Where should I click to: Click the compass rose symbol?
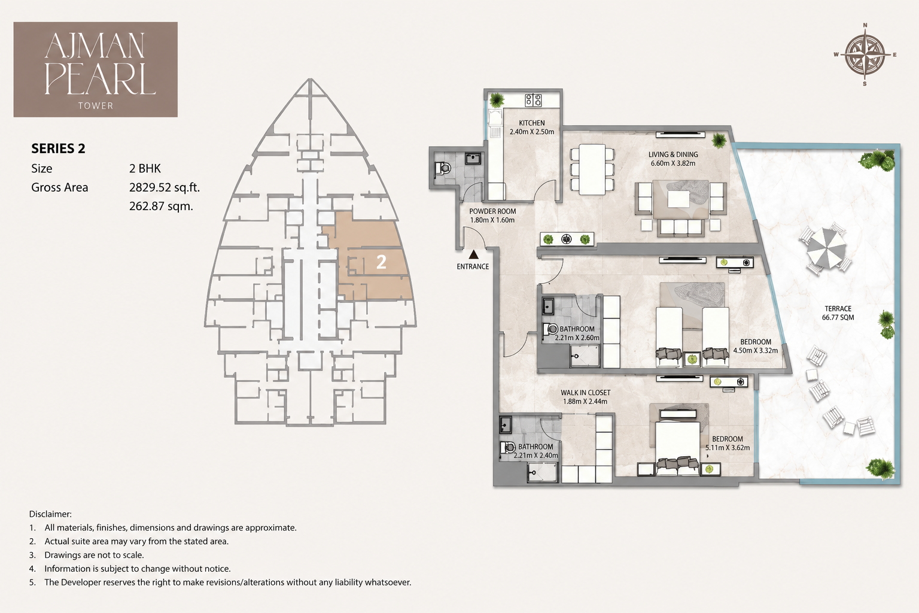[865, 54]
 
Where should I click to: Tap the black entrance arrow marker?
[473, 254]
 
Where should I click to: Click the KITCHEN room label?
[532, 123]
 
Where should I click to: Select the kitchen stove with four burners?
[533, 100]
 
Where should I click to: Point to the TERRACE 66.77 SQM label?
[838, 313]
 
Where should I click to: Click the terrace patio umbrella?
[826, 248]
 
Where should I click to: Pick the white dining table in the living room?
[592, 169]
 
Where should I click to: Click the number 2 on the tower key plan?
[381, 262]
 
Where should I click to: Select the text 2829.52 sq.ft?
[165, 187]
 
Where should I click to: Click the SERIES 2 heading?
[58, 148]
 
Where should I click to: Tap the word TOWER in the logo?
[96, 105]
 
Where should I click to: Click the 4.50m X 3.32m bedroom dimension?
[755, 351]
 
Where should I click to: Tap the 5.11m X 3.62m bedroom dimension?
[728, 448]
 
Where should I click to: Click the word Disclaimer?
[50, 514]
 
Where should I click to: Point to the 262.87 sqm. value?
[161, 206]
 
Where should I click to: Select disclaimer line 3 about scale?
[86, 555]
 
